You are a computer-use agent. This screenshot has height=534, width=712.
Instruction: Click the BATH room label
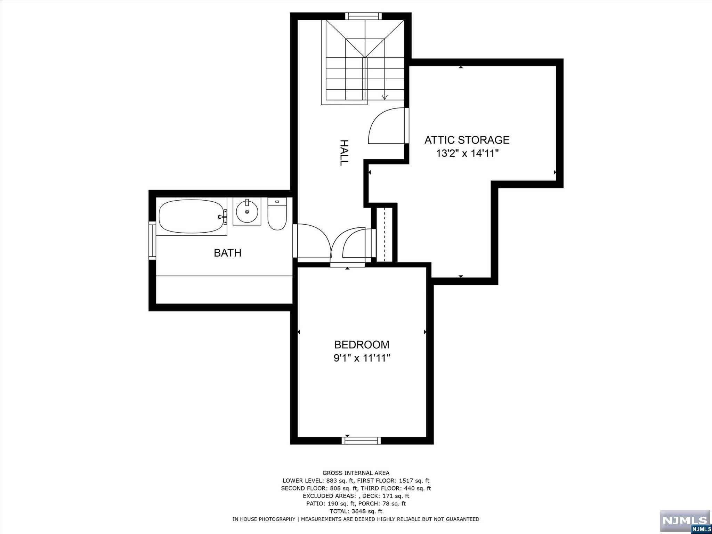227,253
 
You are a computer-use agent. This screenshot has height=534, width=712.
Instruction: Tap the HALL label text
343,153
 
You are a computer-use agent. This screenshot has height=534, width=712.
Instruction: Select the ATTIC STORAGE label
467,140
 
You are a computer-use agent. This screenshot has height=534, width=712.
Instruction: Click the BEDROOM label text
362,345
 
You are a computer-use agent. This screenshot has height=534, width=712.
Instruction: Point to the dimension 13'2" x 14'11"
467,153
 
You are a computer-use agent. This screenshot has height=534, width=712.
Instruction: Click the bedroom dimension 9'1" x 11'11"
362,358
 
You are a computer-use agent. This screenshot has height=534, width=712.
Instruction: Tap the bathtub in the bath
191,216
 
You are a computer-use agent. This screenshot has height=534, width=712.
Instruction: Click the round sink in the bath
247,211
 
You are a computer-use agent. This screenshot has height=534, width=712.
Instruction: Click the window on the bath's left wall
152,240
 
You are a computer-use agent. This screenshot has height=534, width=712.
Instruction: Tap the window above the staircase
363,16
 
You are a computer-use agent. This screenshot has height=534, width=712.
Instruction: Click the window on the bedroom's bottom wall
361,440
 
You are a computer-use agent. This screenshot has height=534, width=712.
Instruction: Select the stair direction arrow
385,97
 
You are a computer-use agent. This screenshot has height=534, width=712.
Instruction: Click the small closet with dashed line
384,235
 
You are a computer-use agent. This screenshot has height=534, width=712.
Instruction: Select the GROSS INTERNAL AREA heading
356,473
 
